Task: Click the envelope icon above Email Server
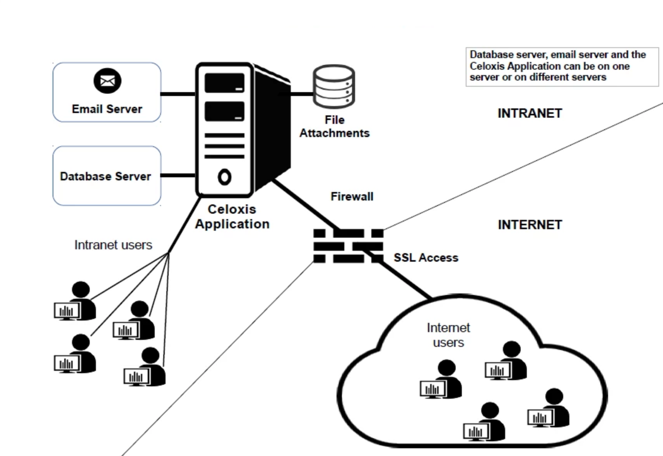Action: click(x=108, y=81)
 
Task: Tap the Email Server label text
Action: click(x=107, y=109)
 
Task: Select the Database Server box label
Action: click(x=106, y=177)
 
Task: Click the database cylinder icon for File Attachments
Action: click(x=334, y=86)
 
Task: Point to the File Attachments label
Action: click(x=335, y=127)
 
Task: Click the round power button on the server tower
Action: click(x=224, y=177)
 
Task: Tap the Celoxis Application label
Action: click(x=232, y=217)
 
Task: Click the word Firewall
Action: click(x=352, y=197)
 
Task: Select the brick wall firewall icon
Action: click(x=348, y=246)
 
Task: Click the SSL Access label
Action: click(x=426, y=258)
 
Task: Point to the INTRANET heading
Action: click(x=530, y=113)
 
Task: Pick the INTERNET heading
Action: click(x=530, y=225)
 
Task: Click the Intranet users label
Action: click(x=113, y=245)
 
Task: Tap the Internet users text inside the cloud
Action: click(x=448, y=335)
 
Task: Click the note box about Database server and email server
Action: click(x=562, y=66)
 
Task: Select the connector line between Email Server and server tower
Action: click(x=178, y=94)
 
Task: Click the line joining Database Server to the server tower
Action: click(x=178, y=176)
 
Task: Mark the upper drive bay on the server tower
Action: click(x=224, y=83)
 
